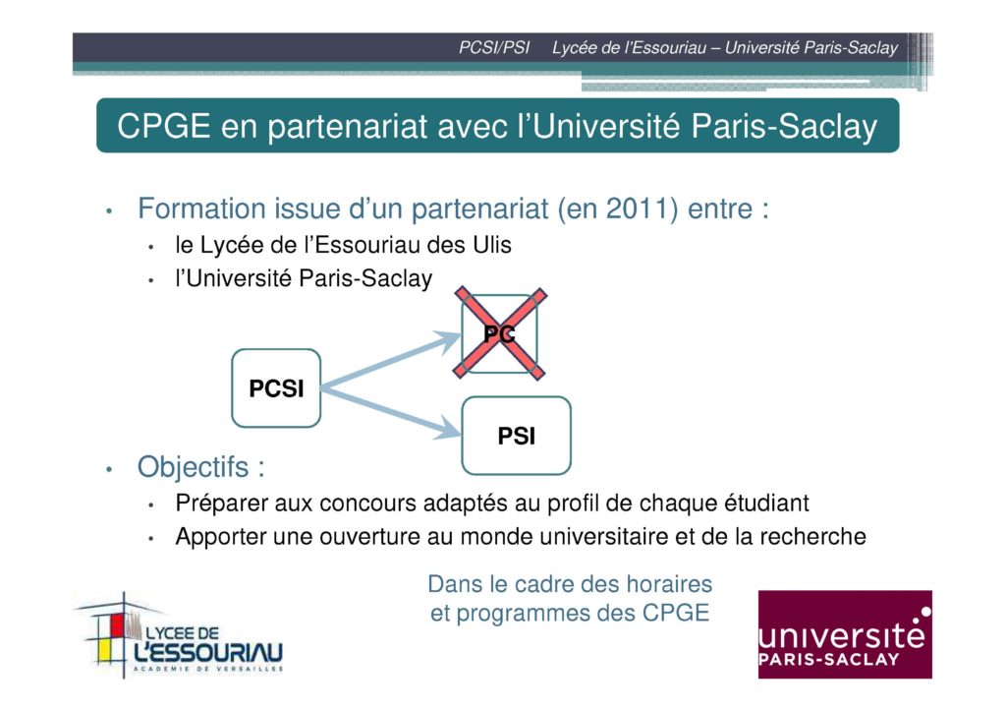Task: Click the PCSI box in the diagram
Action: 276,388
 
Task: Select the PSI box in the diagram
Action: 517,436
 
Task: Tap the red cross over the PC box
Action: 500,333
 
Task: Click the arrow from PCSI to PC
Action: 391,360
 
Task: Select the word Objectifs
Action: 194,467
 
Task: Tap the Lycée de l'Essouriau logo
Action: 180,635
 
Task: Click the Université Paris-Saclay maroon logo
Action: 845,634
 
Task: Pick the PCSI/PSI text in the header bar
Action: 494,47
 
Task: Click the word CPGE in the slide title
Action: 164,126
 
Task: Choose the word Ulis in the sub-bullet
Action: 492,245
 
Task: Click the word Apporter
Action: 221,537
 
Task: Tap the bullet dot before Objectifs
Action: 109,469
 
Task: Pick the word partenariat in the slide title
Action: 347,127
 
